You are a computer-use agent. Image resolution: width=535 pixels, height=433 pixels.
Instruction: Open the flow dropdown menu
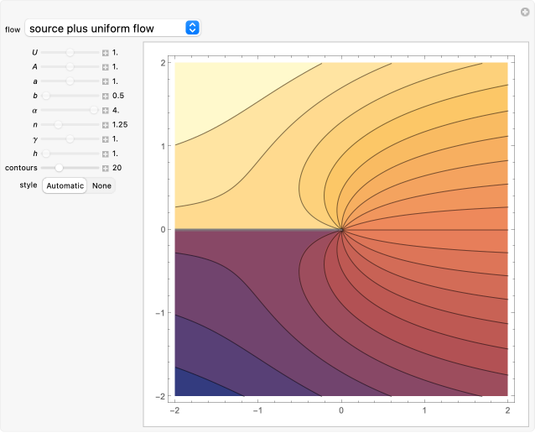[112, 29]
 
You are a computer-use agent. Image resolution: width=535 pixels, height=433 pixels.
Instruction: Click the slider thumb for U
[70, 53]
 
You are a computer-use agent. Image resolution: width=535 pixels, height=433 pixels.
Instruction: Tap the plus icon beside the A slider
[106, 67]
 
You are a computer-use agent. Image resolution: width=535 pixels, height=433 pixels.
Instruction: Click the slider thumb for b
[46, 96]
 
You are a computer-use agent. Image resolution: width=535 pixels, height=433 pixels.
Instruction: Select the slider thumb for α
[94, 110]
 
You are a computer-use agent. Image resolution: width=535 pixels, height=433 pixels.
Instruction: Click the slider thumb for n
[58, 124]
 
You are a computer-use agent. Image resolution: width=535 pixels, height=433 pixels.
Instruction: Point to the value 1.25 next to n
[120, 124]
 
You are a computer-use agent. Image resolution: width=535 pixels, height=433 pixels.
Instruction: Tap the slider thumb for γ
[70, 138]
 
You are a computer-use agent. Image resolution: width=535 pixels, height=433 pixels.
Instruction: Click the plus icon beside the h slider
[106, 154]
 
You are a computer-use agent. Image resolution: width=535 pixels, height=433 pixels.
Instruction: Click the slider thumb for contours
[59, 168]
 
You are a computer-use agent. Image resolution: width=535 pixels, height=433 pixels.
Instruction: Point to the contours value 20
[117, 168]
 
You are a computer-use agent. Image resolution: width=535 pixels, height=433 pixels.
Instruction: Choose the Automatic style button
[65, 185]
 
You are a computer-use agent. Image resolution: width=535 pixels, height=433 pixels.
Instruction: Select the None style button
[101, 185]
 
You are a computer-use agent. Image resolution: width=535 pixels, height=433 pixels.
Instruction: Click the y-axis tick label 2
[163, 62]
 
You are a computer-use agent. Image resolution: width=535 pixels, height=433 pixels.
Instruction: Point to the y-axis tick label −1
[160, 312]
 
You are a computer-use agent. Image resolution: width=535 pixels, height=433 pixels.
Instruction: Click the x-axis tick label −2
[174, 411]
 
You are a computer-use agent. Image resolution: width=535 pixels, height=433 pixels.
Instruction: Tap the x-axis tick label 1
[424, 411]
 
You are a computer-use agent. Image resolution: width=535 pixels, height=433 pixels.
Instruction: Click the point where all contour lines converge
[341, 229]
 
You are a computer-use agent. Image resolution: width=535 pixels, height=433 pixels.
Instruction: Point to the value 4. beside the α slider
[116, 110]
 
